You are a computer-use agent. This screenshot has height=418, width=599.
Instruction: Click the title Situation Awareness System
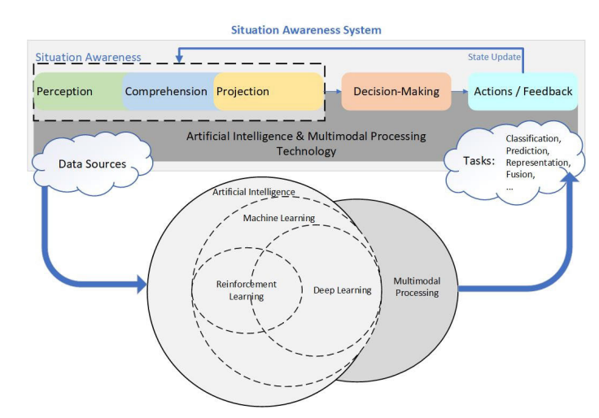pos(306,30)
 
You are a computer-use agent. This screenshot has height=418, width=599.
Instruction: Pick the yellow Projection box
pos(269,91)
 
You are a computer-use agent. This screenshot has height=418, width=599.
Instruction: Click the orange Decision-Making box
pos(396,91)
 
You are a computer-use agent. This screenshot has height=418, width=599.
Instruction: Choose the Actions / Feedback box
pos(522,91)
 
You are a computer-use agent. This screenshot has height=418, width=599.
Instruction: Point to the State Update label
pos(494,57)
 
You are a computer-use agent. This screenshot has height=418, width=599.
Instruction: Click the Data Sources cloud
pos(92,163)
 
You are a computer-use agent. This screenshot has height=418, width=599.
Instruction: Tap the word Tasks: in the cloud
pos(479,161)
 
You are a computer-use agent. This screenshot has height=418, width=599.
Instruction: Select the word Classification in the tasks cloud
pos(532,138)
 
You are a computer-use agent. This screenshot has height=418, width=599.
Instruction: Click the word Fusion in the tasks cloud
pos(518,175)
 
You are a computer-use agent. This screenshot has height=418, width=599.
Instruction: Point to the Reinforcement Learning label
pos(246,290)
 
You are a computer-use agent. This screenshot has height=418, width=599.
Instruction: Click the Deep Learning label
pos(343,290)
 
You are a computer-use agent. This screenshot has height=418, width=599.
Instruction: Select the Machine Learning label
pos(279,218)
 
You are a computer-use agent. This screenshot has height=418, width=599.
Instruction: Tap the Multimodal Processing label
pos(417,287)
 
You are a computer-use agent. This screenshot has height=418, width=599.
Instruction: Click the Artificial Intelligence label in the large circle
pos(254,192)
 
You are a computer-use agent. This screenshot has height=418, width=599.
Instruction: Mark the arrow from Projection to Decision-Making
pos(333,92)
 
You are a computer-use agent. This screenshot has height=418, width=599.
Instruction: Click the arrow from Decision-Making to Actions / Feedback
pos(460,92)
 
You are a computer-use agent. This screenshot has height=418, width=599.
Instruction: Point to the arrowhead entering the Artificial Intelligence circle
pos(142,285)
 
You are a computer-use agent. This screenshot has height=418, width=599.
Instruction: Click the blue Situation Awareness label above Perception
pos(88,57)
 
